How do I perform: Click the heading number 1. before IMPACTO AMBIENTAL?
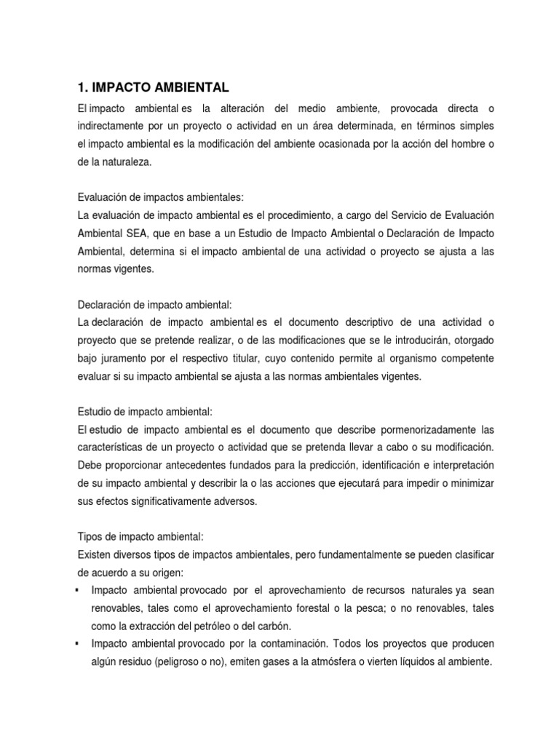coord(82,88)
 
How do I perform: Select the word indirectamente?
coord(110,126)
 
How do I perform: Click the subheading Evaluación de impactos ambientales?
coord(161,197)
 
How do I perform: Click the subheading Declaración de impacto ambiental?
coord(154,304)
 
